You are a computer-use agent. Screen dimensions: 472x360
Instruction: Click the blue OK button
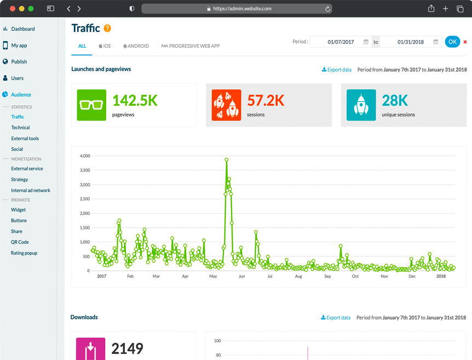pos(452,42)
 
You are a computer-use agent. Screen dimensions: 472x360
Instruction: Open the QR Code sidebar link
pos(20,242)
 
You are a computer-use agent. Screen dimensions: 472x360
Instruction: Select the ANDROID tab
pos(136,46)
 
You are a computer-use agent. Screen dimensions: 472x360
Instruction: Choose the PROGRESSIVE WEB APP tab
pos(191,46)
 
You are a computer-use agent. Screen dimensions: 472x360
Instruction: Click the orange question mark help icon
pos(107,28)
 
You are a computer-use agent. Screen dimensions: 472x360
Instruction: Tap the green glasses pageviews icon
pos(91,105)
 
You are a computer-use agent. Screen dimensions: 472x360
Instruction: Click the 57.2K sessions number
pos(266,100)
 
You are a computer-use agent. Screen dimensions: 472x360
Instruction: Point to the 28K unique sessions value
pos(395,100)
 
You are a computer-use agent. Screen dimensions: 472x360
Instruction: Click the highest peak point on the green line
pos(226,159)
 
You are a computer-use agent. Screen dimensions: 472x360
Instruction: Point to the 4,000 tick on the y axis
pos(85,156)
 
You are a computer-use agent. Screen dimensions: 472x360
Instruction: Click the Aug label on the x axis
pos(298,276)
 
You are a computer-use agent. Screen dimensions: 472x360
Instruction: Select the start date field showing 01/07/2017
pos(341,42)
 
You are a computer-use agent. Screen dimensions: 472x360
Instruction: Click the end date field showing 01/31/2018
pos(410,42)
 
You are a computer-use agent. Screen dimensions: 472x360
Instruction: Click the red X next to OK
pos(465,42)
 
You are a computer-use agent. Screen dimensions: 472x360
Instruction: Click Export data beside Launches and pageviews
pos(337,70)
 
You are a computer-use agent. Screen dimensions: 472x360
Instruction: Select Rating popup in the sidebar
pos(24,253)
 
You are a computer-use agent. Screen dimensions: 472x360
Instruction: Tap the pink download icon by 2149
pos(90,349)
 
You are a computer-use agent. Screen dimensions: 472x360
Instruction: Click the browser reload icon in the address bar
pos(327,9)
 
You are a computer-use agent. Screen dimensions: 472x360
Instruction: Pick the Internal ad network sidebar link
pos(31,190)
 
